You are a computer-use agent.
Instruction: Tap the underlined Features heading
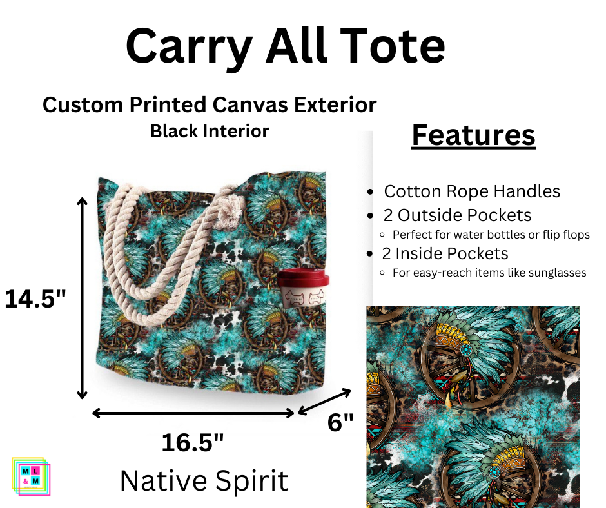coord(473,135)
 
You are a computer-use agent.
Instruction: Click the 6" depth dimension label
coord(340,423)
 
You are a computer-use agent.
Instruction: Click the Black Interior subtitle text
coord(210,131)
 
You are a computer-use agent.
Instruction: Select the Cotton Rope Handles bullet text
coord(472,191)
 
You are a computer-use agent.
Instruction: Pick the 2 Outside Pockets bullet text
coord(458,215)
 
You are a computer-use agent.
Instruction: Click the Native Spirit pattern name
coord(204,481)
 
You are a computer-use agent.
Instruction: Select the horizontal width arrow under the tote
coord(194,413)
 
